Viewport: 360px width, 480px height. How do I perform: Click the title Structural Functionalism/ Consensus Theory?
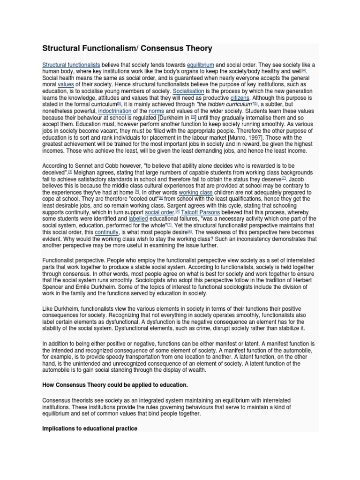tap(127, 48)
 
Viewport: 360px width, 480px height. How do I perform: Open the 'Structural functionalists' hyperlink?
tap(71, 65)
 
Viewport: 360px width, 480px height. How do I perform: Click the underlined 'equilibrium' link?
tap(200, 65)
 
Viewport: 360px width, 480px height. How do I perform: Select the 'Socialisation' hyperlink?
tap(188, 91)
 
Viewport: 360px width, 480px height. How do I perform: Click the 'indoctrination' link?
tap(115, 111)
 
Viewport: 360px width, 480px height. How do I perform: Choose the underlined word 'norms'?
tap(156, 111)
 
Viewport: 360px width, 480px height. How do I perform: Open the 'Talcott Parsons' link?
tap(201, 212)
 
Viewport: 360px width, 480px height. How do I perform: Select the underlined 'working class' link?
tap(195, 192)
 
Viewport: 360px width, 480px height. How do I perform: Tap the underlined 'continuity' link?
tap(106, 232)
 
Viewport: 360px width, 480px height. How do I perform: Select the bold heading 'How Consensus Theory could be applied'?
tap(115, 385)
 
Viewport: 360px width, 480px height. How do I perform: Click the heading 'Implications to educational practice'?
tap(90, 428)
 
